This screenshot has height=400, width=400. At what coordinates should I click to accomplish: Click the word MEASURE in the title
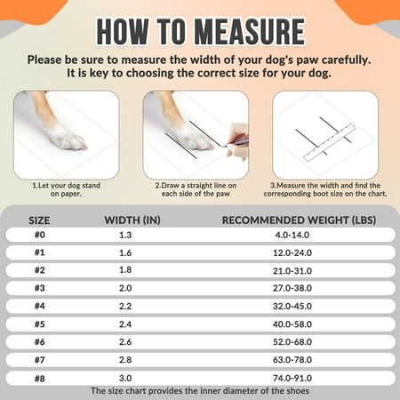point(250,31)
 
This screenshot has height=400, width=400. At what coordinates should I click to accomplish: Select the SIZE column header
point(39,220)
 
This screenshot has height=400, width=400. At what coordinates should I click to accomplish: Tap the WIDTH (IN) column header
point(132,220)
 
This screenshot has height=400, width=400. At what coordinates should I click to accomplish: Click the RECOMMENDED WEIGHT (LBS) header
point(299,220)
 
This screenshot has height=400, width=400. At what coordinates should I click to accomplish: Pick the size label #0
point(40,235)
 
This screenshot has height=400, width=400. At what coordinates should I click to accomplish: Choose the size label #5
point(40,324)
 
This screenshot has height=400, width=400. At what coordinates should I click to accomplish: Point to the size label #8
point(40,379)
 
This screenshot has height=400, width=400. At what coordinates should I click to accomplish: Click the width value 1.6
point(125,252)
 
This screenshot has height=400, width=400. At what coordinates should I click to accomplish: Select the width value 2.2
point(125,306)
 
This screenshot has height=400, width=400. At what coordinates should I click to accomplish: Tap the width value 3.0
point(125,378)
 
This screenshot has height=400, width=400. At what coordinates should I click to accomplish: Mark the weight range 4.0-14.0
point(292,235)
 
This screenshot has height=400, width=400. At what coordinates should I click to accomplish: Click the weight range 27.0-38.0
point(292,288)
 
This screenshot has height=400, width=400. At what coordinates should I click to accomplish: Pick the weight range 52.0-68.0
point(292,342)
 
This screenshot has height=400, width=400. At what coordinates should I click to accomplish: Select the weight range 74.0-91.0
point(292,378)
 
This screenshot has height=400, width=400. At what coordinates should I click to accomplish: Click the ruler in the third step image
point(330,142)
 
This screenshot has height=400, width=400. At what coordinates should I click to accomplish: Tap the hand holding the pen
point(237,140)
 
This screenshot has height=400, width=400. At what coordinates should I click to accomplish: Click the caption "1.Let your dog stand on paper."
point(66,189)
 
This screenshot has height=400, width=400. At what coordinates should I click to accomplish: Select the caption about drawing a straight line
point(196,189)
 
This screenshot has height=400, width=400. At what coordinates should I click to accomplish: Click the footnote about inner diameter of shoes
point(200,391)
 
